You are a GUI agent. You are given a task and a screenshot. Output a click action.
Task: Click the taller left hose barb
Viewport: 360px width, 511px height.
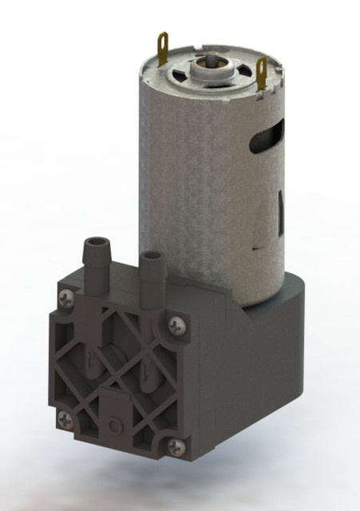coord(97,255)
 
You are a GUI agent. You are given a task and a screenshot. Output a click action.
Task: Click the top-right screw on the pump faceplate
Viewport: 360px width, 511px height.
coord(175,323)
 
